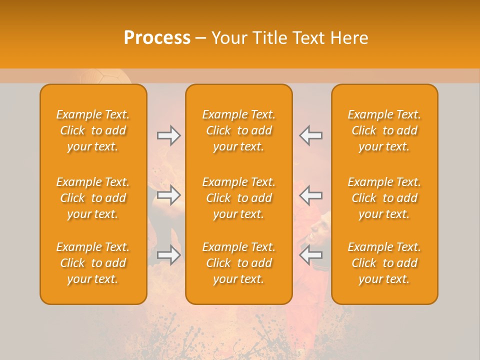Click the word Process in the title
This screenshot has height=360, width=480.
pyautogui.click(x=157, y=38)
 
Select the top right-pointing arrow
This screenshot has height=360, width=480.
pyautogui.click(x=169, y=135)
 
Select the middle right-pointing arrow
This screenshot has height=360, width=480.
pyautogui.click(x=169, y=195)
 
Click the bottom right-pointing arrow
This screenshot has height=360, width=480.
pyautogui.click(x=169, y=255)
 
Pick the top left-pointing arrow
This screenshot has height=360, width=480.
pyautogui.click(x=311, y=135)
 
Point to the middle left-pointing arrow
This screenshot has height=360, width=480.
pyautogui.click(x=311, y=195)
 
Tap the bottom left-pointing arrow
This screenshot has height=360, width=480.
pyautogui.click(x=311, y=255)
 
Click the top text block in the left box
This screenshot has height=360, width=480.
pyautogui.click(x=93, y=130)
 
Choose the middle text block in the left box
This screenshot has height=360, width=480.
pyautogui.click(x=93, y=198)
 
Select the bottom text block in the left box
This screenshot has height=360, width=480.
pyautogui.click(x=93, y=263)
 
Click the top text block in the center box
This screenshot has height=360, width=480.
pyautogui.click(x=238, y=130)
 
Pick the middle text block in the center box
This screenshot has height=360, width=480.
pyautogui.click(x=238, y=198)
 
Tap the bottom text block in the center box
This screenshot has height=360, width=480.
pyautogui.click(x=238, y=263)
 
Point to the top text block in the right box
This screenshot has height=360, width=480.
pyautogui.click(x=384, y=130)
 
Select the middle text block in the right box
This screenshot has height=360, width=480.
pyautogui.click(x=384, y=198)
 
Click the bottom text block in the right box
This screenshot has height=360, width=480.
pyautogui.click(x=384, y=263)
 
